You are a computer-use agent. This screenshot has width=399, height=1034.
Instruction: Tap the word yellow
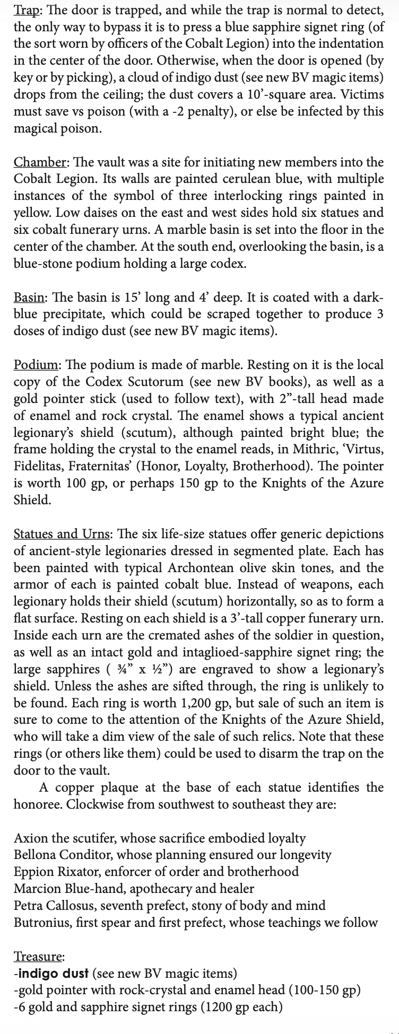[32, 213]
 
